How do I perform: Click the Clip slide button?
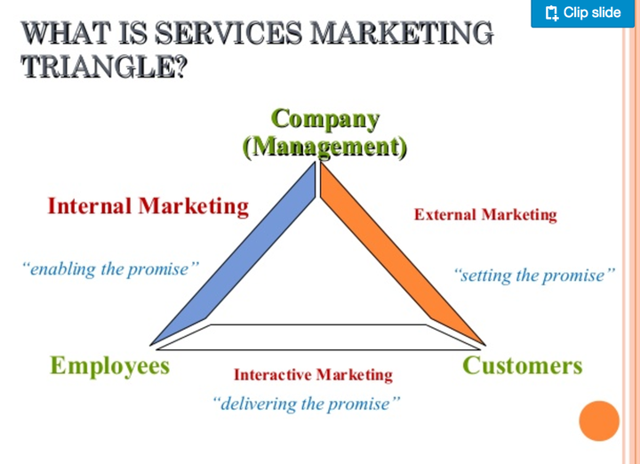pos(582,13)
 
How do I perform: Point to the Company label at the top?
pos(325,118)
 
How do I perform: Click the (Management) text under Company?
pos(325,146)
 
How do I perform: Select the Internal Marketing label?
pos(148,206)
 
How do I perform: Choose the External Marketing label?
pos(485,214)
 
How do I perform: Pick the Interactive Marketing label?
pos(313,374)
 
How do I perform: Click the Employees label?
pos(109,365)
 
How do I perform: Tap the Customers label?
pos(522,365)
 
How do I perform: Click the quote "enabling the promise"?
pos(109,268)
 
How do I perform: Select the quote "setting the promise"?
pos(533,275)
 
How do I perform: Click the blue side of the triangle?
pos(236,258)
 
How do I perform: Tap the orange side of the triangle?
pos(400,258)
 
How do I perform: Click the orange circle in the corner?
pos(598,421)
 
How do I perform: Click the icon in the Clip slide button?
pos(551,13)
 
